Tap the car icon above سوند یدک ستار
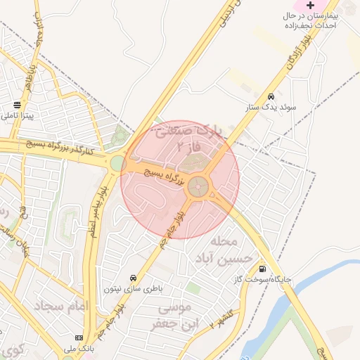[x=271, y=96]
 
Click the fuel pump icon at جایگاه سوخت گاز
[x=262, y=268]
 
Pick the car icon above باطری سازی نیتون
[x=134, y=277]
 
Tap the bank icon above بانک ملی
[x=78, y=337]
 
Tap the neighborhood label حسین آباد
[x=227, y=259]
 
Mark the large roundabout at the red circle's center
[x=199, y=186]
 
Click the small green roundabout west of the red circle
[x=117, y=164]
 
